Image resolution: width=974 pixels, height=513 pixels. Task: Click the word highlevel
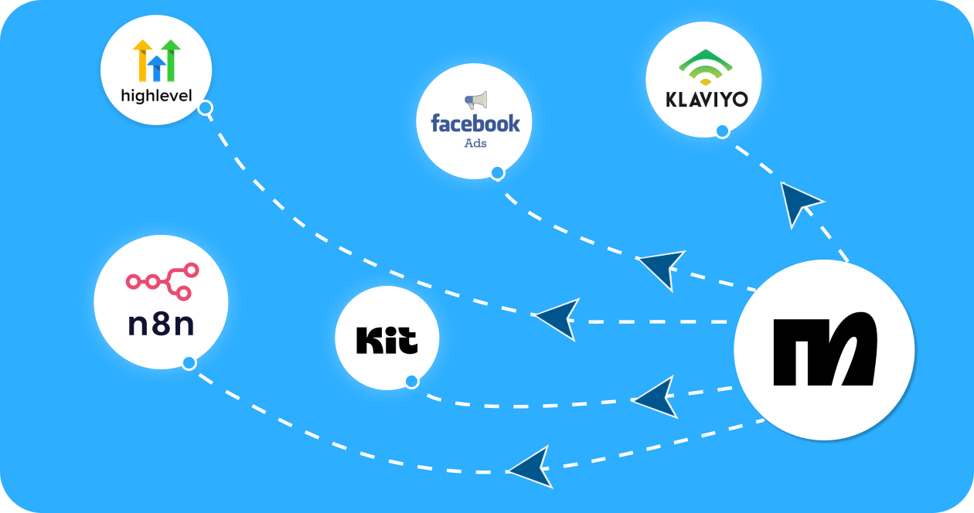coord(157,97)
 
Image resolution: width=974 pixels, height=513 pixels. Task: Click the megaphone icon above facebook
coord(475,100)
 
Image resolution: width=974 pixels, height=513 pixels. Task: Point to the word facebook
coord(475,123)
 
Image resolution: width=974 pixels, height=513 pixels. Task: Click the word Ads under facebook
coord(475,143)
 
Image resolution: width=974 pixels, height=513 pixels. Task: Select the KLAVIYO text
coord(704,101)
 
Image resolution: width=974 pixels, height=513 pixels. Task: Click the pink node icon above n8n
coord(162,281)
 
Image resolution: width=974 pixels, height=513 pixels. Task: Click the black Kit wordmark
coord(387,340)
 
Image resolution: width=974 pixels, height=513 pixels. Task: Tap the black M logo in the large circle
coord(825,349)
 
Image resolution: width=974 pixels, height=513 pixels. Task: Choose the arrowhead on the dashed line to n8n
coord(533,467)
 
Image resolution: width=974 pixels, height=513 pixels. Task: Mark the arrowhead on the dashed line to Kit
coord(656,398)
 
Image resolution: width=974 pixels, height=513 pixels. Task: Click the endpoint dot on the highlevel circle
coord(205,108)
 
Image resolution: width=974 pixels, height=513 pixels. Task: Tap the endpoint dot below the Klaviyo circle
coord(722,131)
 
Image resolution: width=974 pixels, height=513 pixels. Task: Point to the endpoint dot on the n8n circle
coord(189,363)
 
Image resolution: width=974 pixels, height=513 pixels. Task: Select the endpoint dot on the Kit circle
coord(411,381)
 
